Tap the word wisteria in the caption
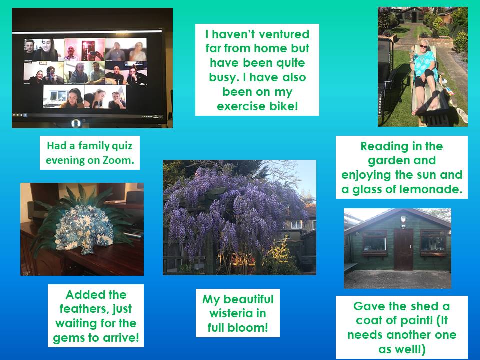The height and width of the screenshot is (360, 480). point(238,313)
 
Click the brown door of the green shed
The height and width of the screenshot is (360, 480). point(403,250)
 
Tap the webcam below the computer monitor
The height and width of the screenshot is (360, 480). point(76,123)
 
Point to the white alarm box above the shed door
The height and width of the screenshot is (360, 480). point(403,219)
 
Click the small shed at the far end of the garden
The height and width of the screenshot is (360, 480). point(413,14)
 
